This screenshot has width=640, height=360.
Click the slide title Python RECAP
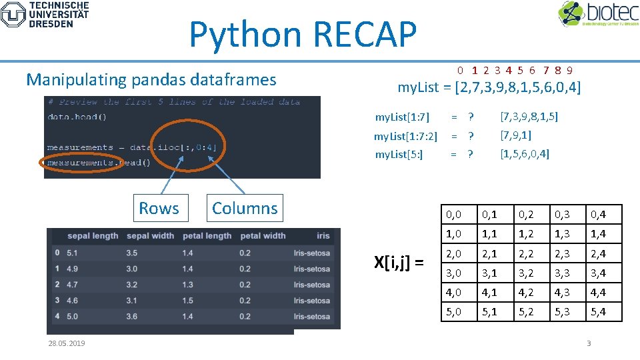pos(303,35)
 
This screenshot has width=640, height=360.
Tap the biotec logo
pos(597,14)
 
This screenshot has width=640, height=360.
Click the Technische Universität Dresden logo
pos(45,14)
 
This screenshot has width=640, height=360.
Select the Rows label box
pos(159,208)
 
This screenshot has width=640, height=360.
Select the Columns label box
pos(245,208)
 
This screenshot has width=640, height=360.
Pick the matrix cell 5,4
pos(597,311)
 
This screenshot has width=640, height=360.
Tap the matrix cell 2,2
pos(527,253)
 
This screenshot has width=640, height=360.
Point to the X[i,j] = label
pos(399,263)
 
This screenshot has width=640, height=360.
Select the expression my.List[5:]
pos(399,155)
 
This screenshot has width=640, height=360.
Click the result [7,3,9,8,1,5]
pos(529,117)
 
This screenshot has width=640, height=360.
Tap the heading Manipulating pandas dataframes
pos(151,80)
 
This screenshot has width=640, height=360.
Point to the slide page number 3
pos(589,343)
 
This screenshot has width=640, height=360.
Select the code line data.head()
pos(77,117)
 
